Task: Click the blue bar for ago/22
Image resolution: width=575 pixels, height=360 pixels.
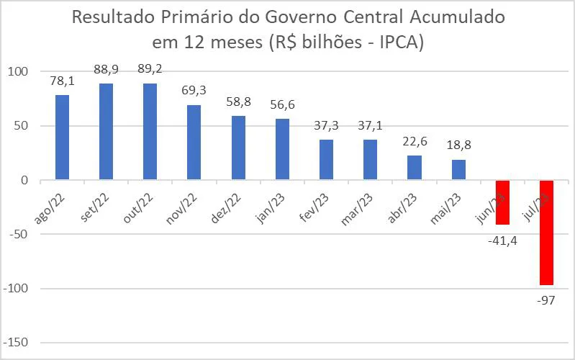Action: tap(62, 138)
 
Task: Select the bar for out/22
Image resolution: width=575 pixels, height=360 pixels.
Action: tap(150, 132)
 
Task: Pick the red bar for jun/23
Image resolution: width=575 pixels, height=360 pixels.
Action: tap(502, 202)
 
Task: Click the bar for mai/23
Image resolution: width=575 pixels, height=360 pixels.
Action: tap(458, 170)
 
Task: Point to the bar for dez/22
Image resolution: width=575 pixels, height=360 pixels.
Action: tap(238, 148)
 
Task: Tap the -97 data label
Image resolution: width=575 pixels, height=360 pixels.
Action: tap(545, 299)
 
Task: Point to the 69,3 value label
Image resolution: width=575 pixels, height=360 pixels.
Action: tap(194, 91)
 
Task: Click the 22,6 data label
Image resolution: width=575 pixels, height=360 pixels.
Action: tap(415, 141)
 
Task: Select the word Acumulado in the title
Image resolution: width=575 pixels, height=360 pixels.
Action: tap(453, 17)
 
